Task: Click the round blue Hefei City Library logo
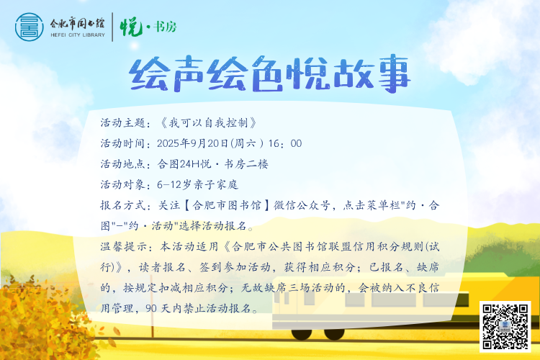click(x=30, y=27)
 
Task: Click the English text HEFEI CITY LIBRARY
click(x=78, y=35)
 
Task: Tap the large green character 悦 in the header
click(x=131, y=27)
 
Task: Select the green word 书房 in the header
click(x=165, y=27)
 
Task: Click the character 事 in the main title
click(x=393, y=73)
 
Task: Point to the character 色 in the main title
click(x=268, y=74)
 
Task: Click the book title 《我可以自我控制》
click(x=208, y=122)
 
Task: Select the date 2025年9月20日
click(x=193, y=143)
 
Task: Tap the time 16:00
click(x=285, y=143)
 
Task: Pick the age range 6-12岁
click(x=174, y=184)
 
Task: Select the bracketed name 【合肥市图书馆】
click(x=227, y=205)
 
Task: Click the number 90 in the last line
click(x=151, y=308)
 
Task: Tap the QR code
click(x=505, y=327)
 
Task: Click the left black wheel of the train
click(x=302, y=333)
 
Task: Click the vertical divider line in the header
click(x=112, y=27)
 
